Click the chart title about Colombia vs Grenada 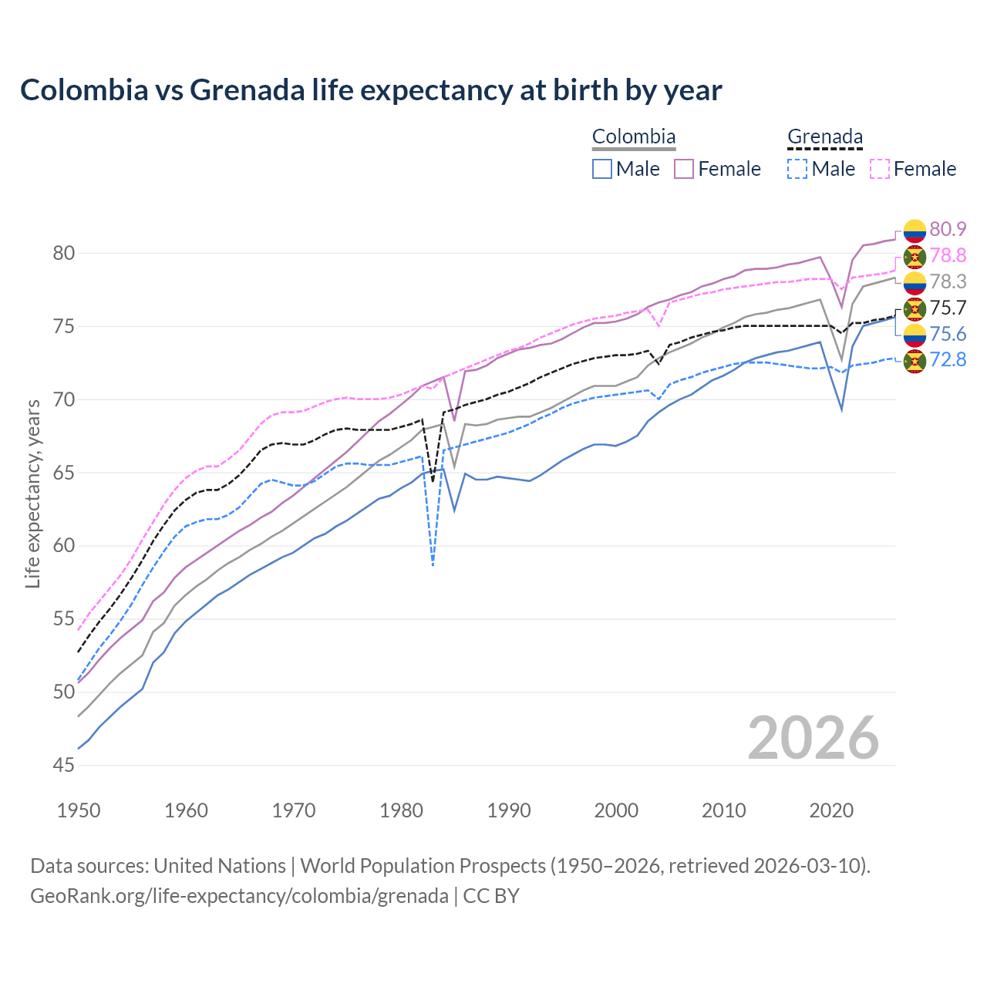coord(371,90)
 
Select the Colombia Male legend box coord(602,169)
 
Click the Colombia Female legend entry coord(718,169)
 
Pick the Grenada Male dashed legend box coord(797,169)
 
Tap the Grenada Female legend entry coord(914,169)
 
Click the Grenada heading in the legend coord(824,137)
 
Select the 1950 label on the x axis coord(79,810)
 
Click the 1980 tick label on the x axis coord(401,810)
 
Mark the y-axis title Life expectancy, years coord(33,493)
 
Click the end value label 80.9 coord(948,229)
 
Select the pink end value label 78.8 coord(948,255)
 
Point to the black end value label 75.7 coord(948,308)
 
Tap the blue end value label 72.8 coord(948,360)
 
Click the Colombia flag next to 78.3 coord(915,282)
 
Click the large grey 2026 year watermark coord(813,738)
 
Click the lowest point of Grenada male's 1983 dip coord(433,565)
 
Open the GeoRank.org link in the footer coord(239,896)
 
